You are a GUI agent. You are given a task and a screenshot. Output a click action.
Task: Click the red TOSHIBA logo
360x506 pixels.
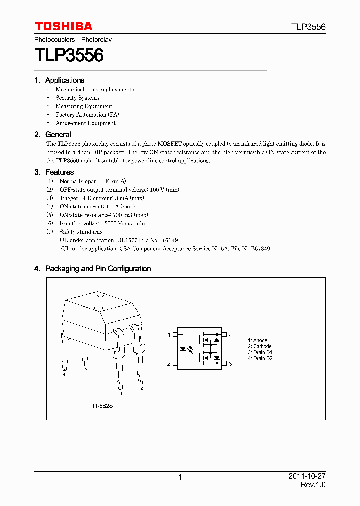click(63, 26)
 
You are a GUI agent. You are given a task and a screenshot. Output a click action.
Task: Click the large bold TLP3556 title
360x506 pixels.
click(69, 55)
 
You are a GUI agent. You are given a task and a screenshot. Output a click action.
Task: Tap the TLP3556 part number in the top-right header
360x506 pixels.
click(309, 27)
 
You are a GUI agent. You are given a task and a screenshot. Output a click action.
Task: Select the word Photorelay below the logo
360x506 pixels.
click(96, 39)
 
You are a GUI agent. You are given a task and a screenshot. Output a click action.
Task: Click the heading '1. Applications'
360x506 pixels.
click(59, 80)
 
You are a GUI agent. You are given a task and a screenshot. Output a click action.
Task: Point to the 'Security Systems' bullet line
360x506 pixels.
click(77, 98)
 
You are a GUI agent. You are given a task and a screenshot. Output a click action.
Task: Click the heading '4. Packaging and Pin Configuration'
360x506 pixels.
click(92, 269)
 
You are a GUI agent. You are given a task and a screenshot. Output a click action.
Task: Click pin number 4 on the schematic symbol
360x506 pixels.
click(230, 334)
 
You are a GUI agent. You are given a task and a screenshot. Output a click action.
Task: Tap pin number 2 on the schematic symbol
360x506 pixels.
click(169, 363)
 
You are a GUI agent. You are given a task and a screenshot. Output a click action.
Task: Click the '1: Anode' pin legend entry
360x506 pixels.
click(257, 341)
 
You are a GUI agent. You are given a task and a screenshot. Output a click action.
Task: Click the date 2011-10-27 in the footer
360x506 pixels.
click(307, 476)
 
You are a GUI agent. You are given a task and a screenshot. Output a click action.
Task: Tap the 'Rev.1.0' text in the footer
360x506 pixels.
click(313, 485)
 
